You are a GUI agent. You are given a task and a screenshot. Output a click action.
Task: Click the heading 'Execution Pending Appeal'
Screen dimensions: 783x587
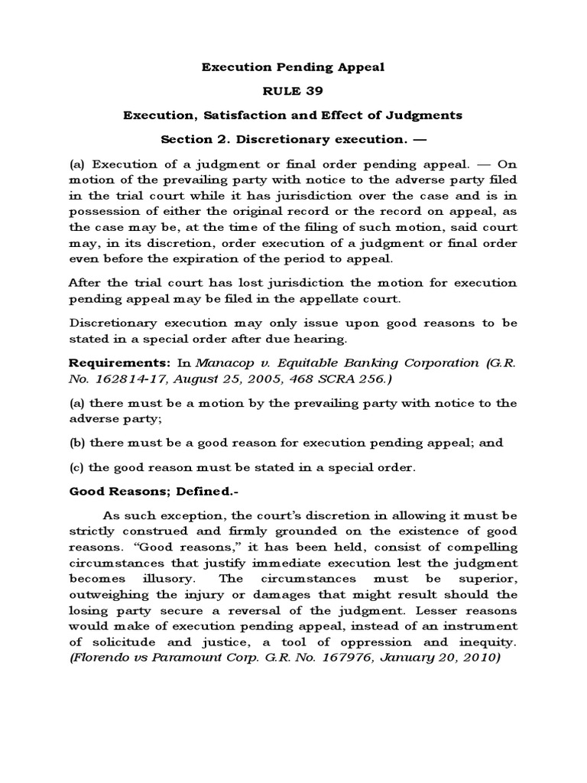point(293,67)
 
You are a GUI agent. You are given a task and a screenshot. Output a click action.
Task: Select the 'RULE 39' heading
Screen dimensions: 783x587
point(293,91)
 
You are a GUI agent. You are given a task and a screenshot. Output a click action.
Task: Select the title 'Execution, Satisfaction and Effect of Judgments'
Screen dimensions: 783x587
point(293,115)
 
